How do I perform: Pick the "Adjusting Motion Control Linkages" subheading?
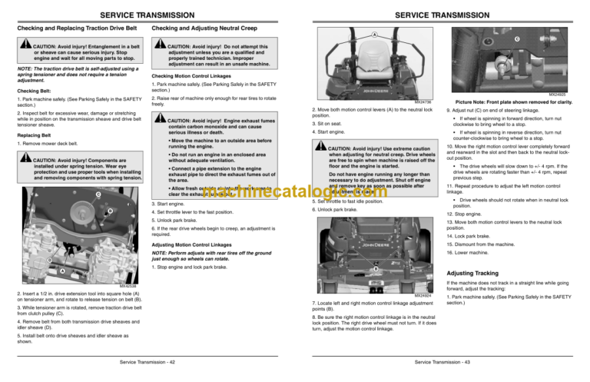196,244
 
